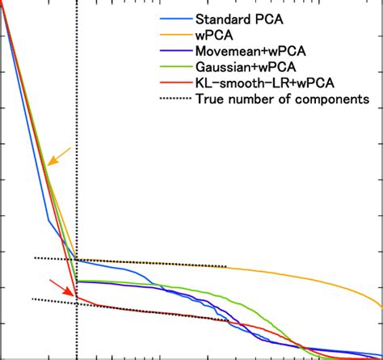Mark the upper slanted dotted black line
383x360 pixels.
162,263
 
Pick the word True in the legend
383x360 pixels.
209,99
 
